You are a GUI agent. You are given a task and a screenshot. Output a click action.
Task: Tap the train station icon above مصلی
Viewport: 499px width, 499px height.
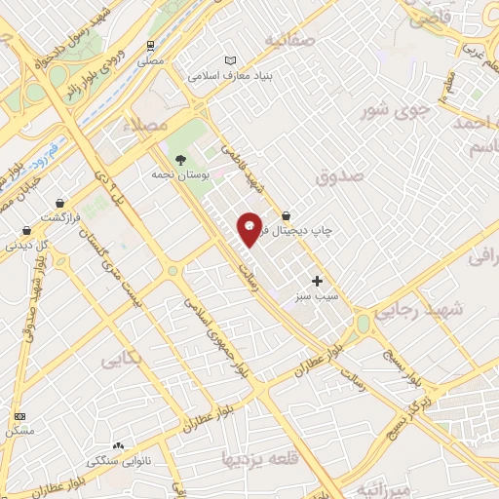pos(150,45)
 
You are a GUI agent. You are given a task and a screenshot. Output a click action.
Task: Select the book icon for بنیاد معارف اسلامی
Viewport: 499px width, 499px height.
pos(230,59)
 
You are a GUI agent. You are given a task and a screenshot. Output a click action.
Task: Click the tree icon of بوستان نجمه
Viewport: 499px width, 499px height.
pos(179,160)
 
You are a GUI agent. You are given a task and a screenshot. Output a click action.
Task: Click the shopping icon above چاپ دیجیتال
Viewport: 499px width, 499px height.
pos(286,216)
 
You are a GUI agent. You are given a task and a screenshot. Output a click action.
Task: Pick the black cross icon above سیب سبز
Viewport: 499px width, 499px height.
pos(316,281)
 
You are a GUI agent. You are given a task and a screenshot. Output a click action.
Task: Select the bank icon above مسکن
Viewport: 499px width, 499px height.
pos(20,416)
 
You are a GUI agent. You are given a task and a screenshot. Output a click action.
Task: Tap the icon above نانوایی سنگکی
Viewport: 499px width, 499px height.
pos(119,445)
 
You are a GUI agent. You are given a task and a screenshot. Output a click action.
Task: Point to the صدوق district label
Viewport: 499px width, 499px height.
pos(339,175)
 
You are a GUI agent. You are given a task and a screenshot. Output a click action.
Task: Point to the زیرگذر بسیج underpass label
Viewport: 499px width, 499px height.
pos(409,413)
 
